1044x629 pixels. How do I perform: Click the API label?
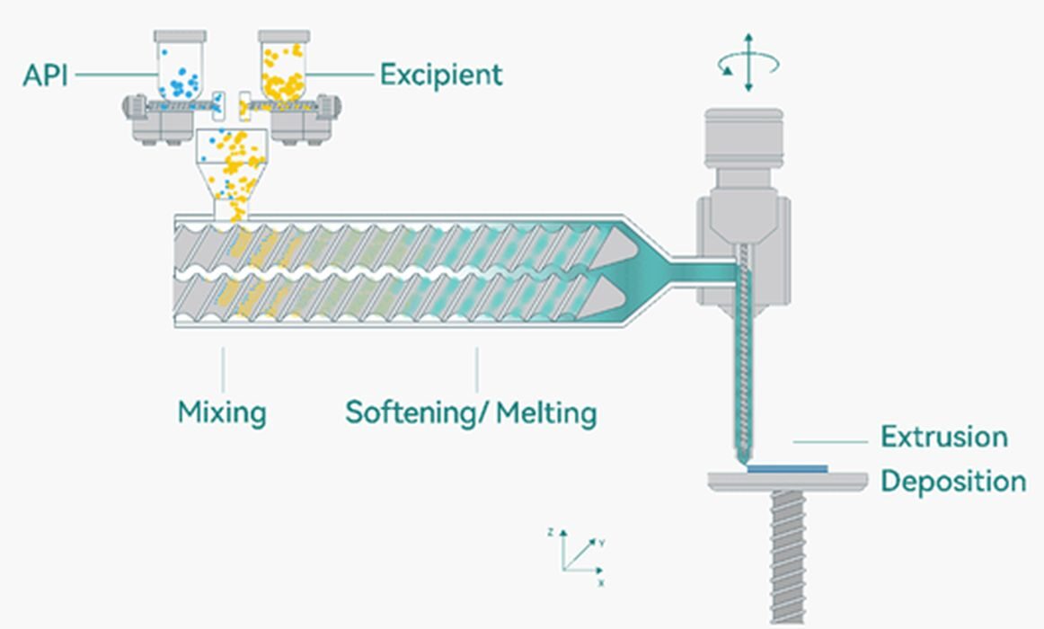44,75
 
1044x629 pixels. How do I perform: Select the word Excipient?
440,75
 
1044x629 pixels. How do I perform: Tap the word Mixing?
222,412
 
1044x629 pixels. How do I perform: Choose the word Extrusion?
943,438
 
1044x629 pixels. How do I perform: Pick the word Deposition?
952,481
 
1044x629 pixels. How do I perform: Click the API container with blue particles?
180,66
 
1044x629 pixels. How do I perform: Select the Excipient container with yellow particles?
284,66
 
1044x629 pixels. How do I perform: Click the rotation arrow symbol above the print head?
748,63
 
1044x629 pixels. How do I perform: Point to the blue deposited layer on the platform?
788,468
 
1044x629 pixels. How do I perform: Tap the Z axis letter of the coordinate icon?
550,532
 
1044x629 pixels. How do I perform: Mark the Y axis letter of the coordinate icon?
601,543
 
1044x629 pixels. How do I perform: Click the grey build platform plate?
788,482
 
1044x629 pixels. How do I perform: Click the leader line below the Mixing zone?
223,369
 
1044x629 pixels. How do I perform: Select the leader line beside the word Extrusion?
829,442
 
